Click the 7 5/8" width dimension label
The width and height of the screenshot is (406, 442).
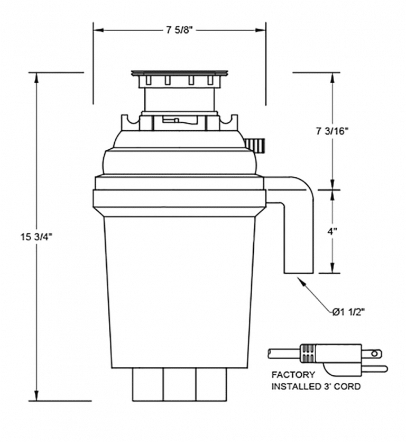pyautogui.click(x=179, y=30)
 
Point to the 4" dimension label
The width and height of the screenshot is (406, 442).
pyautogui.click(x=333, y=231)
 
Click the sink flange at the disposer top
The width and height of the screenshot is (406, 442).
pyautogui.click(x=180, y=72)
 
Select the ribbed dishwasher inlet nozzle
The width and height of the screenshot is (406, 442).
pyautogui.click(x=256, y=144)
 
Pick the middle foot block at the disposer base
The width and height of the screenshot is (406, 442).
pyautogui.click(x=179, y=384)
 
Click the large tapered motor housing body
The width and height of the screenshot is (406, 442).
pyautogui.click(x=180, y=291)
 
